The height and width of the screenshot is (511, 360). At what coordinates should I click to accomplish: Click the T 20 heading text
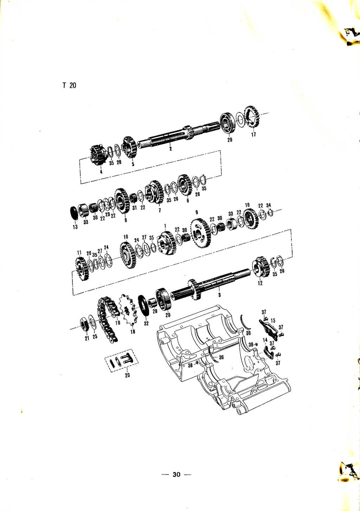[69, 85]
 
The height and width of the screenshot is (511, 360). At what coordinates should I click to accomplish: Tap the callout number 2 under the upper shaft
[171, 149]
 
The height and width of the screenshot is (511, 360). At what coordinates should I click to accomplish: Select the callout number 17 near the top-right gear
[253, 134]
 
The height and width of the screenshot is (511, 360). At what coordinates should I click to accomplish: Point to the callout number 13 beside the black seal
[75, 227]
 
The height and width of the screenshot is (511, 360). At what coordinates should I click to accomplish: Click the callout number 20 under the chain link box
[127, 375]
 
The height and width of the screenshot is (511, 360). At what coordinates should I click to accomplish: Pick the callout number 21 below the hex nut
[87, 338]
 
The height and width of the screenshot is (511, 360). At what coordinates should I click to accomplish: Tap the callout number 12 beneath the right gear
[260, 283]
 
